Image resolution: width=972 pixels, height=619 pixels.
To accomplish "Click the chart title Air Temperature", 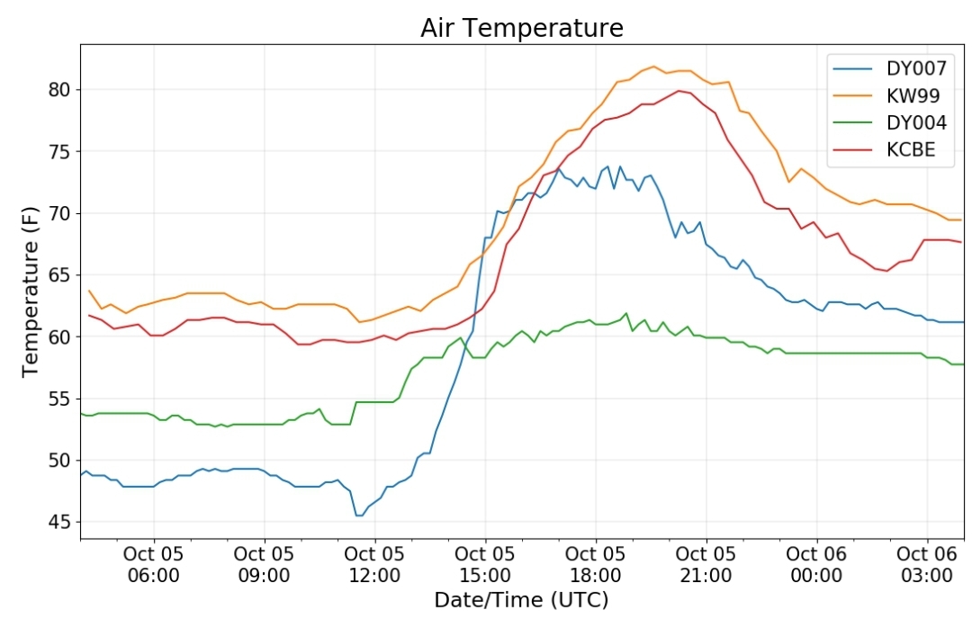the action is pos(521,28).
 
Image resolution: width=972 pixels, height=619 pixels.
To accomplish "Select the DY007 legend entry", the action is pos(889,68).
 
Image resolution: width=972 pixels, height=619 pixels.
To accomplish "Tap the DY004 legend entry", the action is pos(889,122).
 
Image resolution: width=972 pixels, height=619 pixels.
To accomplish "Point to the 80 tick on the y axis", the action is pos(60,90).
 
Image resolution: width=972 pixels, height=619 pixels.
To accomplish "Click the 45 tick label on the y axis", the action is pos(60,523).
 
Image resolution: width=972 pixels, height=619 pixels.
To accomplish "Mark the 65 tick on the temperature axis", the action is pos(60,275).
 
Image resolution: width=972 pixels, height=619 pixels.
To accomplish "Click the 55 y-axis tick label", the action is pos(60,399).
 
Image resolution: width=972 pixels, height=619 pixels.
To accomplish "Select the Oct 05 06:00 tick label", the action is pos(154,564).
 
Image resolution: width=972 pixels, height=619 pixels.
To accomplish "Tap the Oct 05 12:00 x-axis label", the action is pos(374,564).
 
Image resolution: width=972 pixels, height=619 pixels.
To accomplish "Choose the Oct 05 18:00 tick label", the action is pos(596,564).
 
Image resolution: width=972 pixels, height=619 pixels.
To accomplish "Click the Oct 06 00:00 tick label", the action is pos(816,564).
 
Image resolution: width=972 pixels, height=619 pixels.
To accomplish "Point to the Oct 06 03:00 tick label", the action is pos(927,564).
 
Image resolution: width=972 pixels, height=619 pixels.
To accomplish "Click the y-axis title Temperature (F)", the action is pos(30,292).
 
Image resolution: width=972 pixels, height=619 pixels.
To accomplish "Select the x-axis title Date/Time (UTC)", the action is pos(521,600).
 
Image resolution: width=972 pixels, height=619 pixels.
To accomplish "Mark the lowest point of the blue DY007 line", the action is pos(359,516).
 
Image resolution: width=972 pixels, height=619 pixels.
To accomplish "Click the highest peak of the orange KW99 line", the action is pos(653,67).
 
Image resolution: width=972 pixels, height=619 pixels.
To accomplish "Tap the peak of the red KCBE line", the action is pos(679,91).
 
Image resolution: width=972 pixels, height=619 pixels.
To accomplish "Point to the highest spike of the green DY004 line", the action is pos(626,313).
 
